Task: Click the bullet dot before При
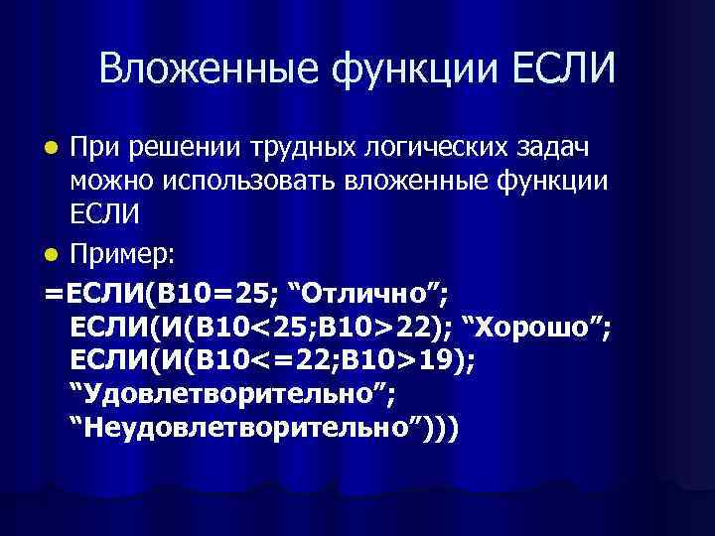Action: tap(56, 149)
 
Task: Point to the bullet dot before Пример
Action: tap(56, 256)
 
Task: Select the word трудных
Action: tap(281, 149)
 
